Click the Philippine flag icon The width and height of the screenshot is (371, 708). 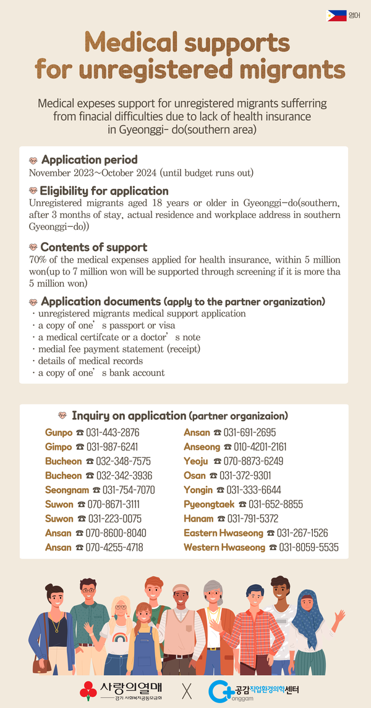336,15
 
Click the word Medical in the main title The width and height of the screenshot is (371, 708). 141,43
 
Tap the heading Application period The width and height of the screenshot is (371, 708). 89,160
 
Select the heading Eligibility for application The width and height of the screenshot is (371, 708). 104,191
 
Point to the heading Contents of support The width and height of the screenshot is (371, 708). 93,247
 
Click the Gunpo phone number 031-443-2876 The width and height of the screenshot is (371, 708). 113,432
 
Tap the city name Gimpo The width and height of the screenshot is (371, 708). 59,447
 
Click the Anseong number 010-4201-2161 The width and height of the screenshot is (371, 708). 260,447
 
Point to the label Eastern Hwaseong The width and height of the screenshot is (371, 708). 223,533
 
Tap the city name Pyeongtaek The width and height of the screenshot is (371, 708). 209,505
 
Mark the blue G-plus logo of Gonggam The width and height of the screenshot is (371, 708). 220,689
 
